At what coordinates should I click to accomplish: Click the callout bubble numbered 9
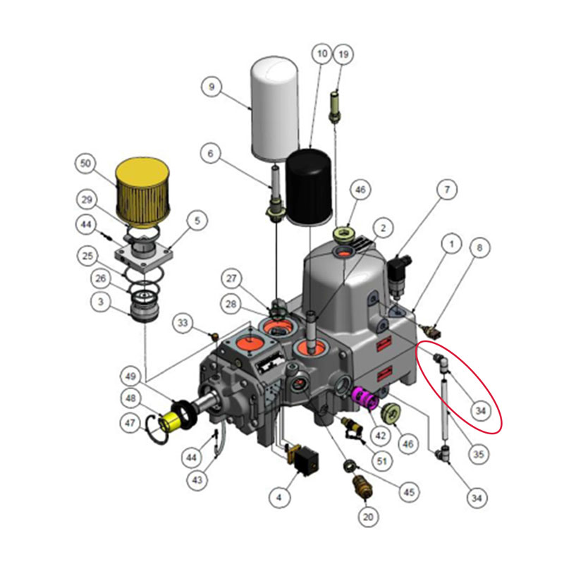pyautogui.click(x=210, y=88)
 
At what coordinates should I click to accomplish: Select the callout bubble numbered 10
pyautogui.click(x=321, y=54)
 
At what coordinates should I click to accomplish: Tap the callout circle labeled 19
pyautogui.click(x=343, y=54)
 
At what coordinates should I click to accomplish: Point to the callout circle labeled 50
pyautogui.click(x=86, y=164)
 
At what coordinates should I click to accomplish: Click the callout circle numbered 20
pyautogui.click(x=367, y=517)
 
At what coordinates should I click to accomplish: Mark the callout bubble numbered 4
pyautogui.click(x=279, y=498)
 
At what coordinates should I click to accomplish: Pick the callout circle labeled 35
pyautogui.click(x=479, y=455)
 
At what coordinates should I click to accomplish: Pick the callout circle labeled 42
pyautogui.click(x=381, y=436)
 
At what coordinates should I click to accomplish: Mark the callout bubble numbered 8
pyautogui.click(x=479, y=248)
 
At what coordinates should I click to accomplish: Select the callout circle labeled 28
pyautogui.click(x=231, y=304)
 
